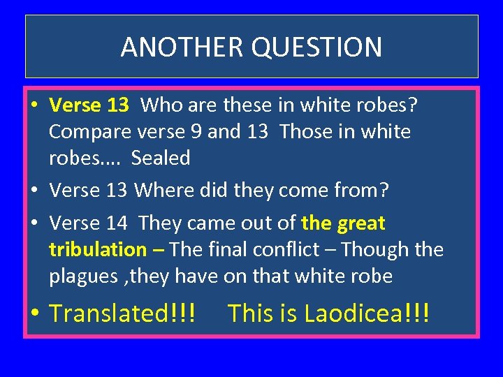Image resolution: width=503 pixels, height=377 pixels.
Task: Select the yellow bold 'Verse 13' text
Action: tap(89, 105)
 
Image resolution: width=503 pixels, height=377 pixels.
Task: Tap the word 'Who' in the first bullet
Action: tap(161, 105)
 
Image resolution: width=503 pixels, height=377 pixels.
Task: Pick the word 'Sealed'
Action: tap(161, 158)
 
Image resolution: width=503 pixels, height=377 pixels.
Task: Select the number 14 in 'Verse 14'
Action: tap(117, 223)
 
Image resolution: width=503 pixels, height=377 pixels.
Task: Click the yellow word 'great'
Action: tap(361, 223)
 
